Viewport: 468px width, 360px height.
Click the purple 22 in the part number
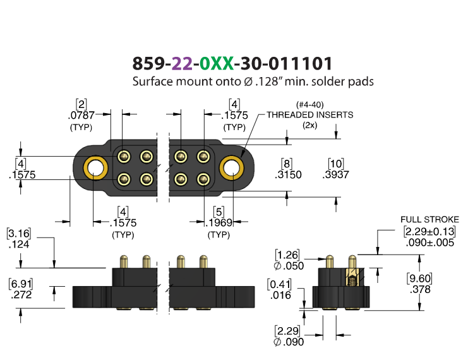click(x=182, y=63)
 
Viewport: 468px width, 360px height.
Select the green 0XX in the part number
click(x=217, y=63)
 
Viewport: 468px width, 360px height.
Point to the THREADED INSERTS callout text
click(x=310, y=115)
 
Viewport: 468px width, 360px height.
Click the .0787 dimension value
click(x=81, y=115)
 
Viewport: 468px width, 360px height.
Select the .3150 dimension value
click(x=288, y=174)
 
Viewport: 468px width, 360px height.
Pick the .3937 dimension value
click(x=336, y=174)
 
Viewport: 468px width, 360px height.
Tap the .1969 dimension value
click(x=219, y=223)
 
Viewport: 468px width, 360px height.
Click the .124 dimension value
click(x=19, y=244)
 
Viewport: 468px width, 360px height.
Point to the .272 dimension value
click(x=21, y=295)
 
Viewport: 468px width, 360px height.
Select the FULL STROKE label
click(x=429, y=220)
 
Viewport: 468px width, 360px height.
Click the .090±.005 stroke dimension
click(x=430, y=243)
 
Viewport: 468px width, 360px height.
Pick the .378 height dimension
click(x=420, y=289)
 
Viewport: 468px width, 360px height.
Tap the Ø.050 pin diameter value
click(x=289, y=266)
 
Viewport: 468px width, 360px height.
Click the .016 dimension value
click(x=280, y=295)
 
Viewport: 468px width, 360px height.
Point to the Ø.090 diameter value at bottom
click(x=289, y=342)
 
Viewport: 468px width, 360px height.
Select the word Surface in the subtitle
click(x=152, y=81)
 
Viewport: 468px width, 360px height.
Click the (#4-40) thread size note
click(x=310, y=105)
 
